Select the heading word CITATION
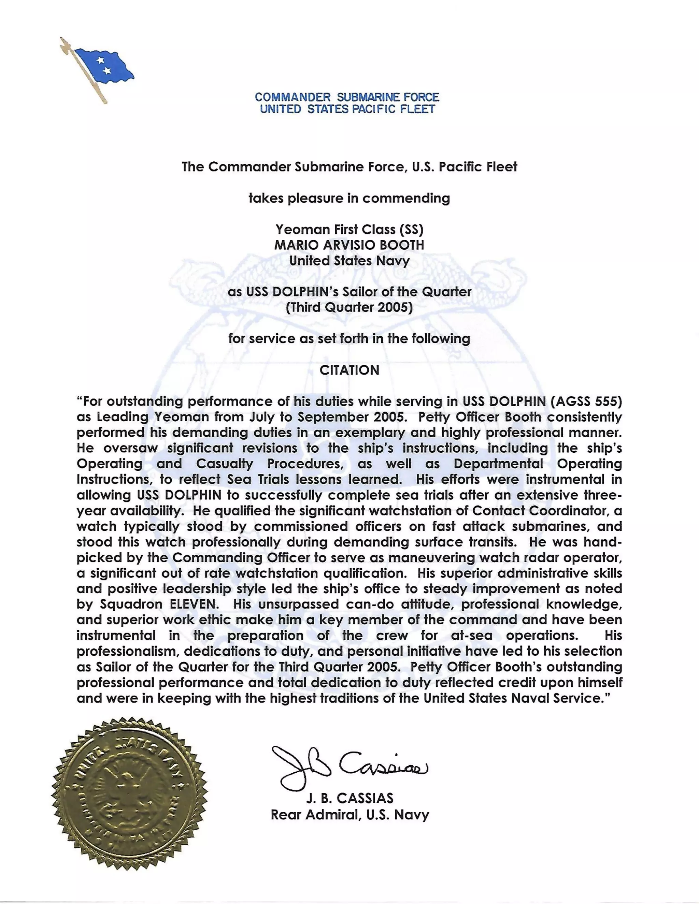tap(349, 370)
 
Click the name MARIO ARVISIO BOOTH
tap(349, 245)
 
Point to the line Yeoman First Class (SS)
tap(349, 229)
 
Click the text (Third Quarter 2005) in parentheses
tap(349, 308)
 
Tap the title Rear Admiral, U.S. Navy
tap(349, 815)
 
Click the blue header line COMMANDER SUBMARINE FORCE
tap(347, 97)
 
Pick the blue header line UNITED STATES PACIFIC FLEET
tap(347, 109)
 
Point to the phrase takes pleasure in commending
tap(349, 198)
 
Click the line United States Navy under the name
tap(349, 261)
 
